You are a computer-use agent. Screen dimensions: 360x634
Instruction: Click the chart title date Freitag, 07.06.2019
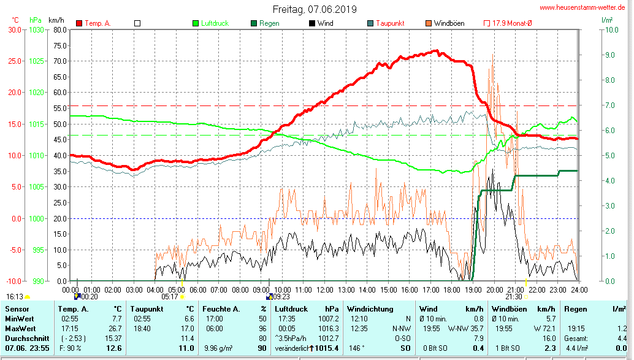tap(315, 10)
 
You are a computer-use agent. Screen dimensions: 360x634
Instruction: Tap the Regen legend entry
tap(269, 23)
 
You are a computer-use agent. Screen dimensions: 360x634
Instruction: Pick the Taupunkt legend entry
tap(389, 23)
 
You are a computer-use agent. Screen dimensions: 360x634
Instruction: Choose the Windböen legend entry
tap(449, 23)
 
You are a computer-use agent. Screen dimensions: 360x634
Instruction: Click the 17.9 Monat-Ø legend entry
tap(512, 23)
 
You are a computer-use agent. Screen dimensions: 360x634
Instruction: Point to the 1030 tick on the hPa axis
tap(36, 29)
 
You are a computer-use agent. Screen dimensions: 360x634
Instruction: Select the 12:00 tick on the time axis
tap(324, 289)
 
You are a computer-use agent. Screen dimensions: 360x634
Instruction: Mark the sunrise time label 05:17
tap(170, 296)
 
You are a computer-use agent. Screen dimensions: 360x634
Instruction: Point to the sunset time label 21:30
tap(514, 296)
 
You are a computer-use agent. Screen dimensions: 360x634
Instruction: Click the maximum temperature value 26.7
tap(115, 329)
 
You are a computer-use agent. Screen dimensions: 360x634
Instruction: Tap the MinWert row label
tap(20, 319)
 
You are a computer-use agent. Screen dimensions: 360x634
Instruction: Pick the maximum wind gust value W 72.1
tap(543, 329)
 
